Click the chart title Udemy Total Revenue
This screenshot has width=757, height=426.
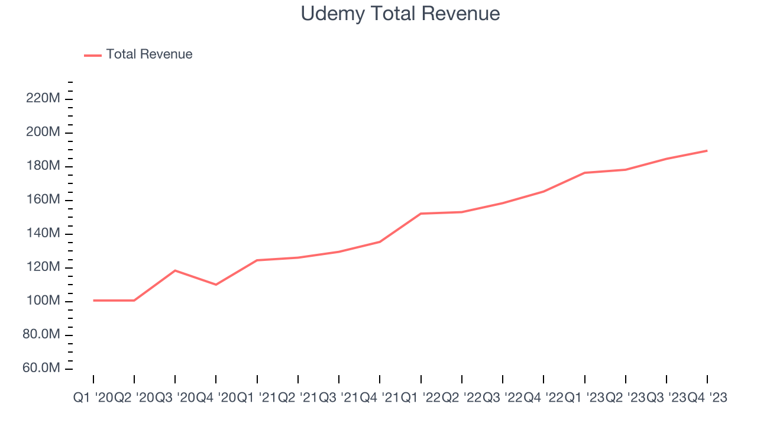pyautogui.click(x=400, y=13)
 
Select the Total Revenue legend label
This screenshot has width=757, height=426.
pyautogui.click(x=149, y=54)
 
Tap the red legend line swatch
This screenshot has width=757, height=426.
pyautogui.click(x=93, y=55)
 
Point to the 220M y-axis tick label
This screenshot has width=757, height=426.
pyautogui.click(x=43, y=98)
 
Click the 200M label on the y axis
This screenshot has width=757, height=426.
pyautogui.click(x=43, y=132)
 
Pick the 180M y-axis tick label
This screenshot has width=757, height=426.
pyautogui.click(x=43, y=166)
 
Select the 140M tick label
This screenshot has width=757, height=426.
pyautogui.click(x=43, y=233)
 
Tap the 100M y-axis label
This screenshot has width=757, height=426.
pyautogui.click(x=43, y=301)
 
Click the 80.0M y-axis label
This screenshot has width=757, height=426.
pyautogui.click(x=41, y=334)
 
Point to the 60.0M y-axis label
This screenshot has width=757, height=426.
pyautogui.click(x=41, y=368)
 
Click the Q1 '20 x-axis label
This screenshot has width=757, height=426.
pyautogui.click(x=93, y=398)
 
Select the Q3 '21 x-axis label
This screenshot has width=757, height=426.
pyautogui.click(x=339, y=398)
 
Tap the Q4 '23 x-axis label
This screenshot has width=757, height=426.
pyautogui.click(x=707, y=398)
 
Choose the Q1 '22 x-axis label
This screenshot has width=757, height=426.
pyautogui.click(x=420, y=398)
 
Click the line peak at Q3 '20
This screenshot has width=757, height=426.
pyautogui.click(x=175, y=270)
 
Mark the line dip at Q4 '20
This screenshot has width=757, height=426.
pyautogui.click(x=216, y=285)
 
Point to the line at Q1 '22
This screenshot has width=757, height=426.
pyautogui.click(x=420, y=214)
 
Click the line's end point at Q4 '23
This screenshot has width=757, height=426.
pyautogui.click(x=707, y=151)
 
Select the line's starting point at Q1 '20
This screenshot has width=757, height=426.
pyautogui.click(x=93, y=301)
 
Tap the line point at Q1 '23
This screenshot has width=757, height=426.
pyautogui.click(x=584, y=173)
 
